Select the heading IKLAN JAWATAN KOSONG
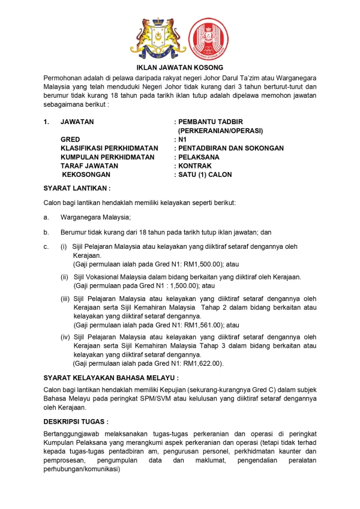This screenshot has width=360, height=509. [180, 68]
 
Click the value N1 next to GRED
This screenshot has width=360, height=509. [183, 138]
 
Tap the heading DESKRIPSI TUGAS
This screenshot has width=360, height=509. [76, 421]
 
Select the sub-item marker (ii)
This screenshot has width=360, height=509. [64, 277]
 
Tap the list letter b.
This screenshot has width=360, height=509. [46, 231]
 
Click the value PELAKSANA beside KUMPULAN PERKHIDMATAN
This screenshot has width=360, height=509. [197, 156]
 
